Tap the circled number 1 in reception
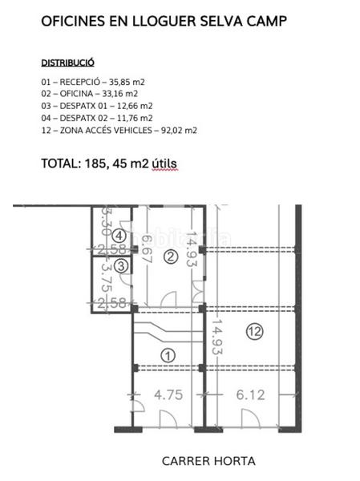pyautogui.click(x=168, y=355)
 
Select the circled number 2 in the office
pyautogui.click(x=170, y=257)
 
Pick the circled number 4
pyautogui.click(x=119, y=236)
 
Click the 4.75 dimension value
pyautogui.click(x=168, y=395)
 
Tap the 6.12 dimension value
pyautogui.click(x=251, y=395)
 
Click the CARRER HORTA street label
pyautogui.click(x=208, y=461)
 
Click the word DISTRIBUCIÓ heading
pyautogui.click(x=68, y=62)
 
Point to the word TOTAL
pyautogui.click(x=59, y=163)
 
